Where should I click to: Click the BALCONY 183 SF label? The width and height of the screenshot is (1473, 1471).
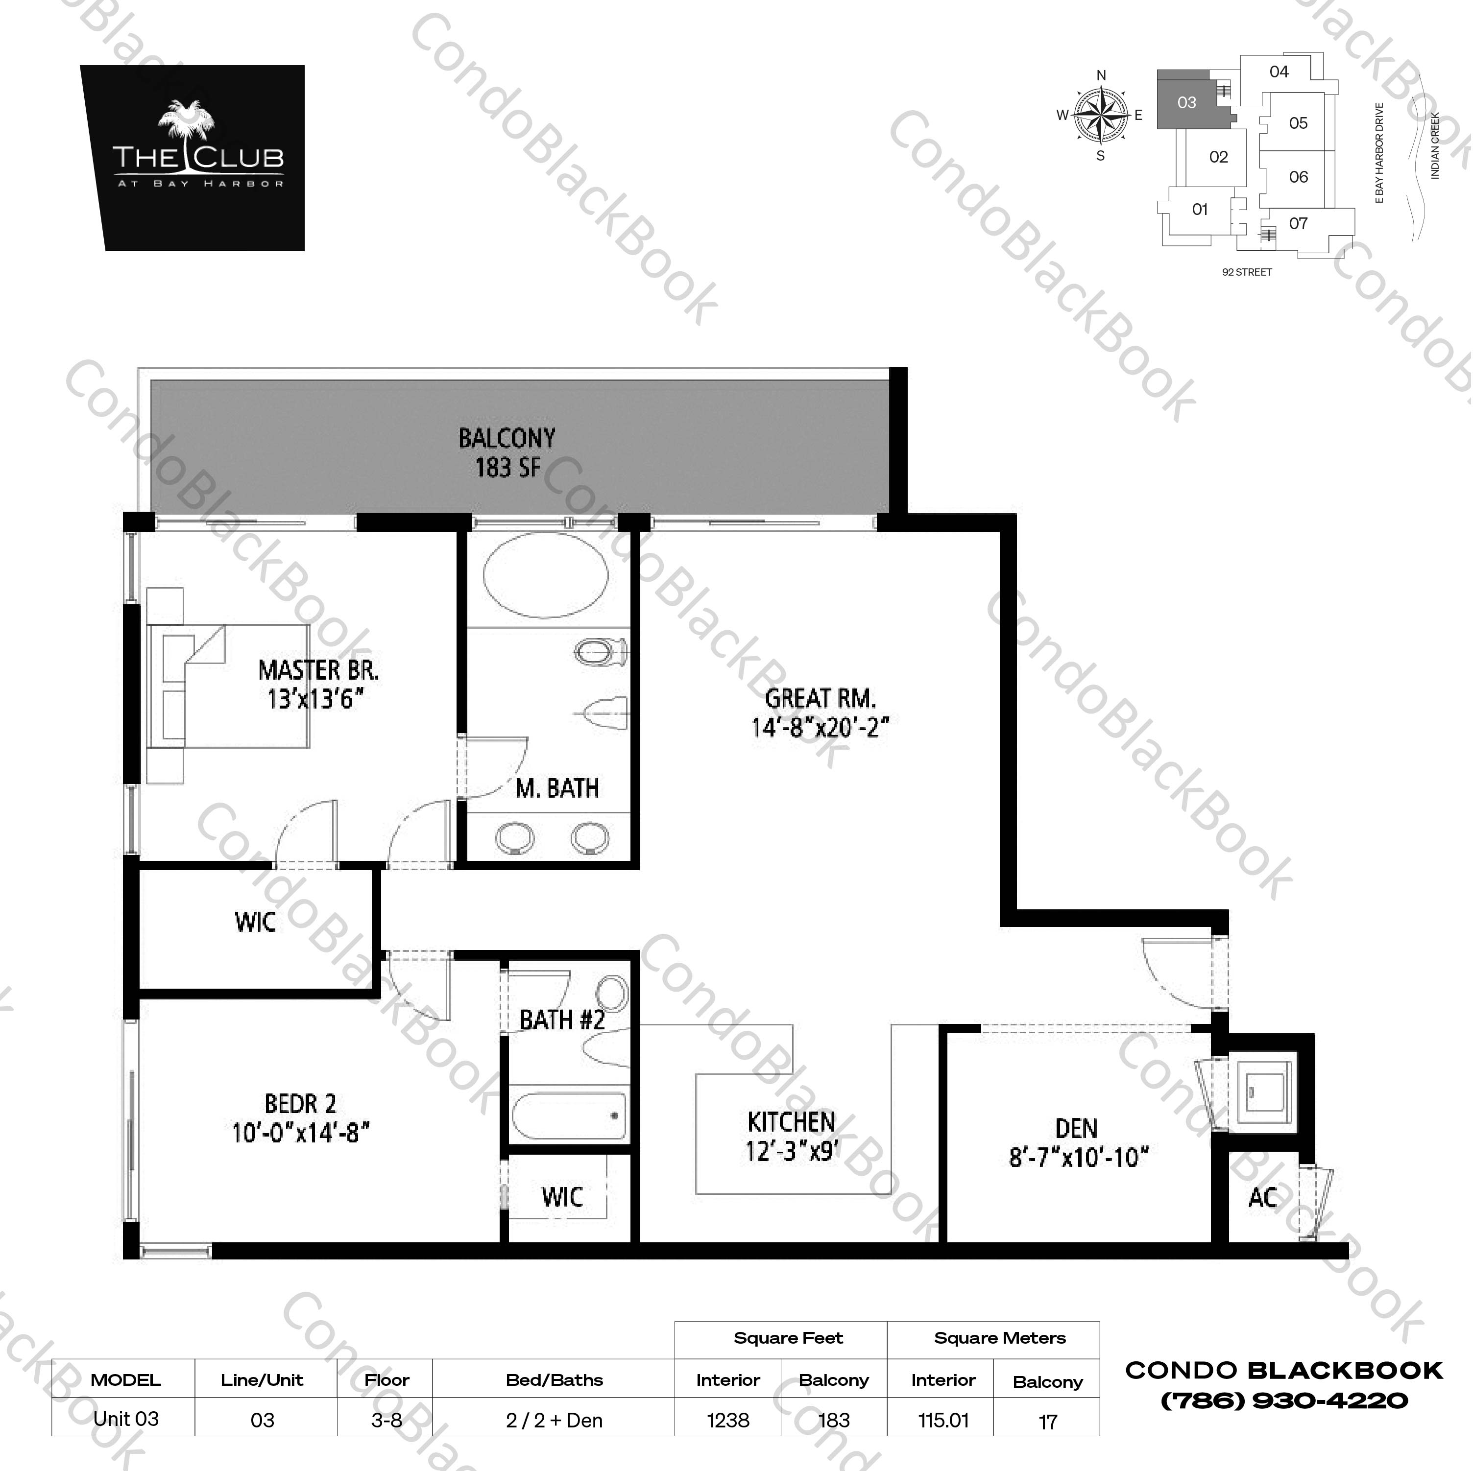pyautogui.click(x=507, y=453)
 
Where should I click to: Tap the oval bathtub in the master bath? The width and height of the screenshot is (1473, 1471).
pyautogui.click(x=546, y=575)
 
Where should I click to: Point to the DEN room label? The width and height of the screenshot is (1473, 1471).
pyautogui.click(x=1077, y=1129)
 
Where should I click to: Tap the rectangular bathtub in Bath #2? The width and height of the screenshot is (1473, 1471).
pyautogui.click(x=569, y=1115)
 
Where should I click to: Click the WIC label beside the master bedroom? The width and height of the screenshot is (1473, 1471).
pyautogui.click(x=255, y=922)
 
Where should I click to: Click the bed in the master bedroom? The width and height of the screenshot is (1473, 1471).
pyautogui.click(x=229, y=686)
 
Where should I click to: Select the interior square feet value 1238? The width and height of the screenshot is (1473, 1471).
pyautogui.click(x=728, y=1421)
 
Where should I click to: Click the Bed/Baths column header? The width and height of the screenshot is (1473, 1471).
pyautogui.click(x=555, y=1380)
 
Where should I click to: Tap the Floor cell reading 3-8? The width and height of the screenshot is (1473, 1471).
pyautogui.click(x=386, y=1421)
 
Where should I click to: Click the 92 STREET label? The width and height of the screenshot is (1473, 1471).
pyautogui.click(x=1247, y=272)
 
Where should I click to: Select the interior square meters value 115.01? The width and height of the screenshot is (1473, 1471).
pyautogui.click(x=943, y=1421)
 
